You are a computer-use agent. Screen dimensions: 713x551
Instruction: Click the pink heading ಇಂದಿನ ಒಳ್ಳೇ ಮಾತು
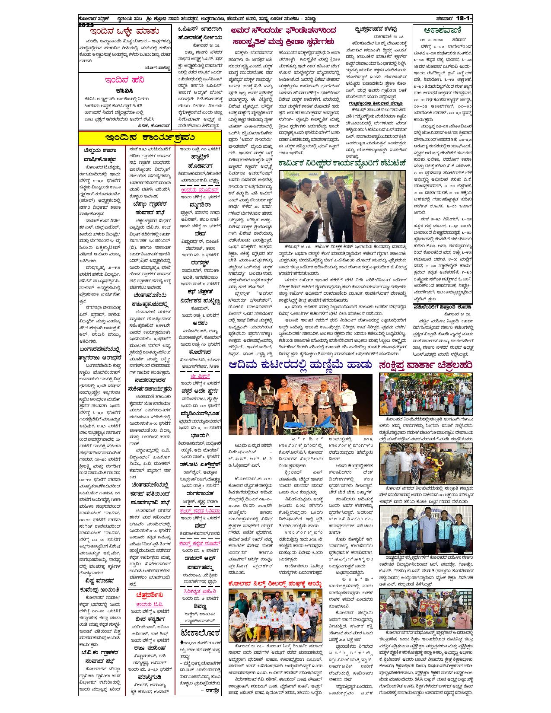tap(124, 32)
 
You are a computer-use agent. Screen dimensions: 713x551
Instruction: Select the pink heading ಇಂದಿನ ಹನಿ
tap(124, 80)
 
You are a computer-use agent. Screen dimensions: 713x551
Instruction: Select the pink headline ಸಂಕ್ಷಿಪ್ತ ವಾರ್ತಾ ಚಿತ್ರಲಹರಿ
tap(426, 365)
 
